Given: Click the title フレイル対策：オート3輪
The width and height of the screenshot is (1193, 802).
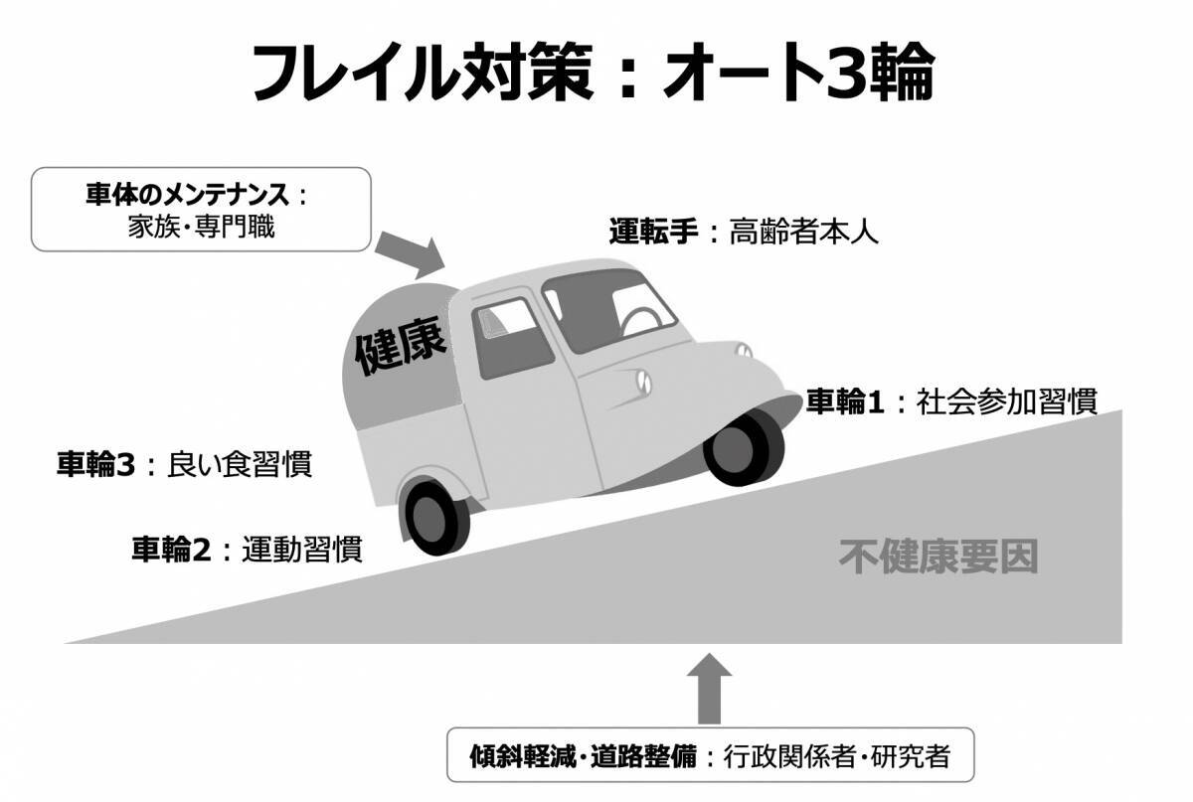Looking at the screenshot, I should [x=594, y=72].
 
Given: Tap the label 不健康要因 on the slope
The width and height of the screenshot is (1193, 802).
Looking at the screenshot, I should [x=937, y=558].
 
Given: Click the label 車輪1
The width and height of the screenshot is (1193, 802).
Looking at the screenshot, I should [x=844, y=401].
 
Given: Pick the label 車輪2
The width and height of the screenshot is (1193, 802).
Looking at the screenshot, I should [x=171, y=549].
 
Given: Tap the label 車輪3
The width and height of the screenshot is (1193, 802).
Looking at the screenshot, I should [x=95, y=464].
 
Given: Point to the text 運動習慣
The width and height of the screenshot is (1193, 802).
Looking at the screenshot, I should [x=301, y=549].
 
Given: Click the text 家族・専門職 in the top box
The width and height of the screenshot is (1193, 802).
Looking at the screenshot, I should [x=200, y=227].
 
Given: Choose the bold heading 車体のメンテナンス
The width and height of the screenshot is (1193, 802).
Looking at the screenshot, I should [x=188, y=193].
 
